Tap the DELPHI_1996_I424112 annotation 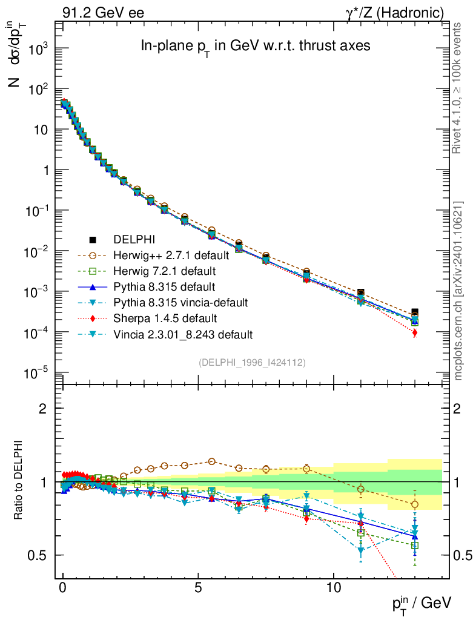(x=252, y=362)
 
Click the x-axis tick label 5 (x=198, y=588)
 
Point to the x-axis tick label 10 (x=334, y=588)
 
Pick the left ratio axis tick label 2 (x=42, y=409)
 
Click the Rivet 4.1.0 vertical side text (x=458, y=88)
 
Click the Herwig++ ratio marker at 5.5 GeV (x=211, y=461)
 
